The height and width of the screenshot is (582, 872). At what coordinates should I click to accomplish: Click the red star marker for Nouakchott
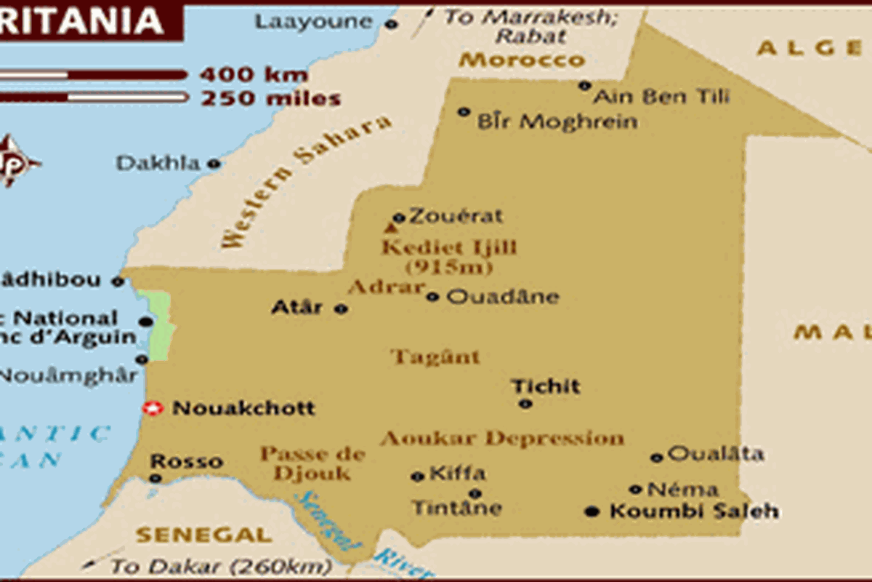(x=151, y=409)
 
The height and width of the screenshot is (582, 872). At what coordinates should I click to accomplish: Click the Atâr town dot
(x=341, y=308)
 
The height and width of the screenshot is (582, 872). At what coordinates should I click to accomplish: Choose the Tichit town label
(x=546, y=386)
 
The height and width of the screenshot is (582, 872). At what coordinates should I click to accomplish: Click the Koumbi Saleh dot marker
(x=592, y=511)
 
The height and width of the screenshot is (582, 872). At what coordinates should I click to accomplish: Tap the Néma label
(x=682, y=490)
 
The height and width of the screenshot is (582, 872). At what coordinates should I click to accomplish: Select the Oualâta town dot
(x=656, y=458)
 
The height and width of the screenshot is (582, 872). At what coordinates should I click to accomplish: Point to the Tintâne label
(x=456, y=507)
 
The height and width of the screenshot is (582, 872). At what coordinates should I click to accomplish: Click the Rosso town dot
(x=155, y=478)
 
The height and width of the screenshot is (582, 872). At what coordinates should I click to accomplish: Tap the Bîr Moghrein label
(x=557, y=122)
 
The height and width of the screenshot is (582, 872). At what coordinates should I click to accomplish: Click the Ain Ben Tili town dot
(x=584, y=86)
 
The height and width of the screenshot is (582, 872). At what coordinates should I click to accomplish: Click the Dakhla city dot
(x=214, y=164)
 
